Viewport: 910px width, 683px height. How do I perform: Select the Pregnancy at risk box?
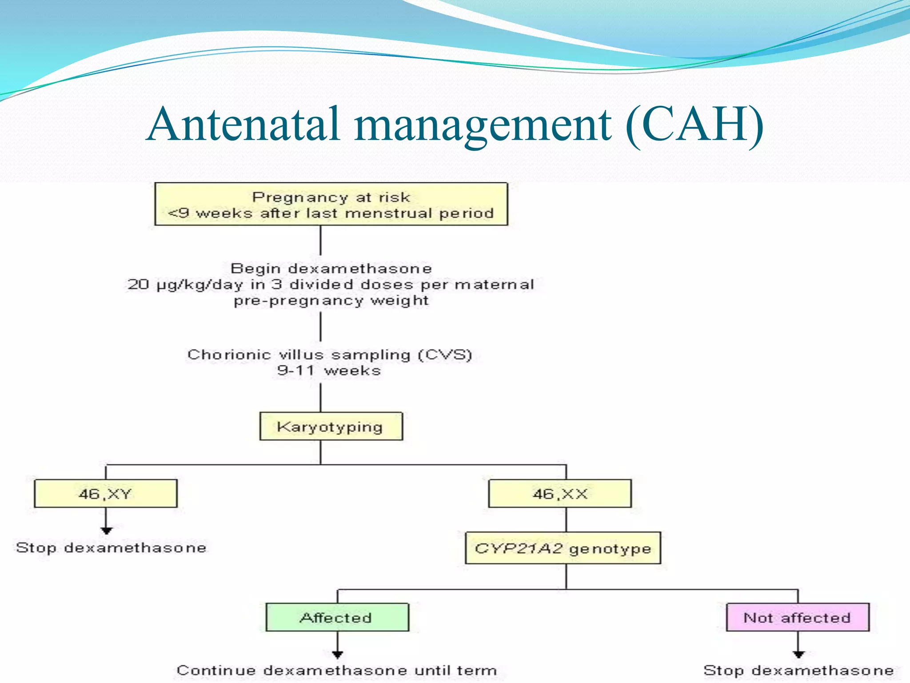(x=331, y=204)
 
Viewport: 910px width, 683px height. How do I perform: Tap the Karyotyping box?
(x=331, y=426)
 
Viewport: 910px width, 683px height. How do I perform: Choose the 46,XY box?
(x=105, y=494)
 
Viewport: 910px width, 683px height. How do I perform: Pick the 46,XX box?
(x=559, y=494)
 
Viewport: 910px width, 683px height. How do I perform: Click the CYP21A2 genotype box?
(x=563, y=548)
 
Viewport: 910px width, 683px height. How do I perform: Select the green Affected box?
(x=337, y=617)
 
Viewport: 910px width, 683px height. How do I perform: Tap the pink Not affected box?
(x=798, y=617)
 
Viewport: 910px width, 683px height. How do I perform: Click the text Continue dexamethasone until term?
(x=337, y=670)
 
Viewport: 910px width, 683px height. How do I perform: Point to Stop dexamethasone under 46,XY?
(x=111, y=547)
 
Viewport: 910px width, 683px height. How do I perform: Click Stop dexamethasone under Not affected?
(x=798, y=670)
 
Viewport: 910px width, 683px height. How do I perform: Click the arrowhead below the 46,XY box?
(x=106, y=530)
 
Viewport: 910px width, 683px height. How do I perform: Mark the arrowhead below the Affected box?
(x=338, y=654)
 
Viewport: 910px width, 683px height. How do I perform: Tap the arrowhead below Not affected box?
(x=798, y=654)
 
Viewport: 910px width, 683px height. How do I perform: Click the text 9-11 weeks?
(x=329, y=370)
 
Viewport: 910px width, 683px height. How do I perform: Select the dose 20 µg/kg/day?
(x=185, y=285)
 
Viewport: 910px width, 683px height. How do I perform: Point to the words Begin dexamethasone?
(x=331, y=269)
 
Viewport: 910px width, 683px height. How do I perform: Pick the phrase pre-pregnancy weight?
(x=331, y=301)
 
